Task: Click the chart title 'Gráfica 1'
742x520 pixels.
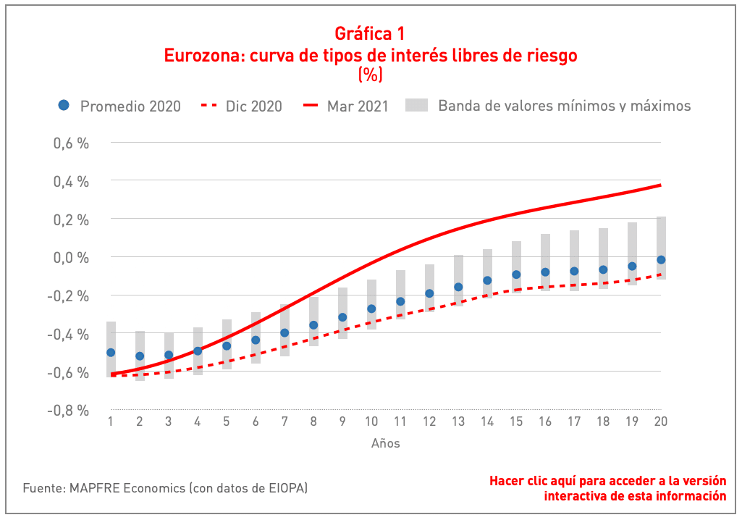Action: [370, 33]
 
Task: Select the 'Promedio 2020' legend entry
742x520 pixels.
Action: [119, 106]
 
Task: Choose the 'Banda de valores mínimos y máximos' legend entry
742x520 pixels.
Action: [564, 106]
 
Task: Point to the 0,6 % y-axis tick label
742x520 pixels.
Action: [71, 143]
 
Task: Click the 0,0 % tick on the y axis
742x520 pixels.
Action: [71, 258]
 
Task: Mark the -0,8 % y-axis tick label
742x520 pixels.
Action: [69, 411]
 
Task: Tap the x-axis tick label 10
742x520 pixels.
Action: [371, 422]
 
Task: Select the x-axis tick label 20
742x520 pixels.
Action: [660, 422]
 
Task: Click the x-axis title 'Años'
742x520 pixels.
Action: [386, 443]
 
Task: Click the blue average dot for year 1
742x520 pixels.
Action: [111, 353]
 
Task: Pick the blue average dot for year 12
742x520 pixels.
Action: [429, 293]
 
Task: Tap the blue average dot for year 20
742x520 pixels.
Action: [661, 260]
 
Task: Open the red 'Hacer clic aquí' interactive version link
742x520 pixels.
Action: [607, 488]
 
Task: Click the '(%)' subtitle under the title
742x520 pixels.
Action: [370, 74]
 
